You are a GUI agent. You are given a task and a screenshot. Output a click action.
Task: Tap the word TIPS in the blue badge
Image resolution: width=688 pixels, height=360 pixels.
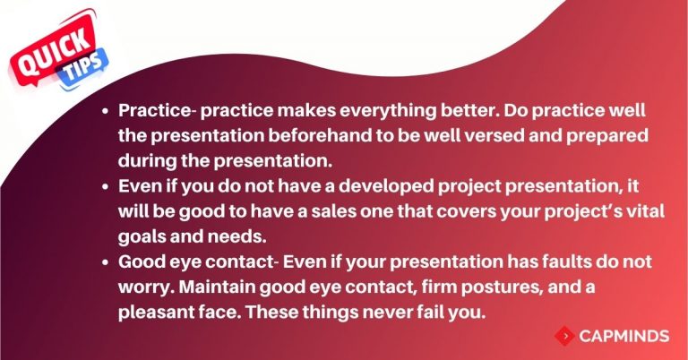tap(86, 69)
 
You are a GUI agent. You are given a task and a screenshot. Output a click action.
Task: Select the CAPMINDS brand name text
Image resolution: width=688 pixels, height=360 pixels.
tap(623, 337)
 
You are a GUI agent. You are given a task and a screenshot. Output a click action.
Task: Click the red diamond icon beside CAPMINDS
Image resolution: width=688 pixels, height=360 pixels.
tap(564, 337)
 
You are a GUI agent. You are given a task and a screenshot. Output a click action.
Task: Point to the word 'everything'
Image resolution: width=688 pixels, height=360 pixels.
tap(388, 110)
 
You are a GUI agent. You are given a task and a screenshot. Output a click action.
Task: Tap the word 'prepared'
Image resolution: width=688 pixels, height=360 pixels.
tap(607, 136)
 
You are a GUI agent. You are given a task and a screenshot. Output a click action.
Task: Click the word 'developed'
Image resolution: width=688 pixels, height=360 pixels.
tap(386, 187)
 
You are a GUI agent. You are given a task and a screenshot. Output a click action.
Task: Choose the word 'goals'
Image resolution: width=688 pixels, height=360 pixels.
tap(142, 237)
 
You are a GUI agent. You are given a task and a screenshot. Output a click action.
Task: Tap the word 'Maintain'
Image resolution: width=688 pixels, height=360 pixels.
tap(217, 287)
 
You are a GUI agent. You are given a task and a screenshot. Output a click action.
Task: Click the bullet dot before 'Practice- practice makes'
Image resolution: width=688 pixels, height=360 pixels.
tap(105, 111)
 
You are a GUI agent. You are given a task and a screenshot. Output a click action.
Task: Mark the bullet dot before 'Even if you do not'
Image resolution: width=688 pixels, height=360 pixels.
tap(105, 187)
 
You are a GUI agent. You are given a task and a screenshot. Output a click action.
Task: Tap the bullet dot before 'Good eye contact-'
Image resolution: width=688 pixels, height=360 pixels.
tap(105, 262)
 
